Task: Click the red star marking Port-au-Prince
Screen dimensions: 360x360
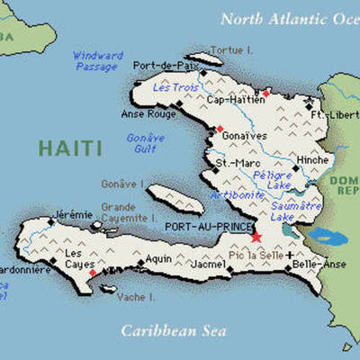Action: click(256, 237)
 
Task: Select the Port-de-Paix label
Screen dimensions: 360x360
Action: click(163, 66)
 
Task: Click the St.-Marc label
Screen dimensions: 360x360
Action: click(233, 163)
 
